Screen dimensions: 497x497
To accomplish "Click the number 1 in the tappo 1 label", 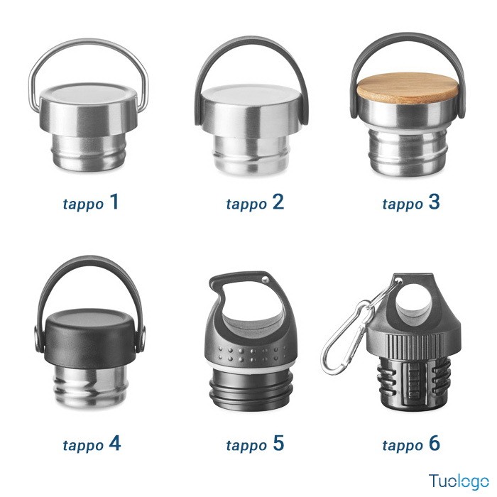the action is click(114, 202).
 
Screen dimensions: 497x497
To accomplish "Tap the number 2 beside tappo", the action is click(278, 202).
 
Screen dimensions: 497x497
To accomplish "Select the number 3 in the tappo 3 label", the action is click(434, 202).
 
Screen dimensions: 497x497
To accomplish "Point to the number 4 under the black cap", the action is click(115, 443).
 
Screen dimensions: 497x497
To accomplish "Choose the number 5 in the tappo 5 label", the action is click(278, 443).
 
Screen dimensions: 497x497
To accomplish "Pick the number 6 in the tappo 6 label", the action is click(435, 443).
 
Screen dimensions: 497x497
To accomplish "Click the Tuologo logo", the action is click(459, 481).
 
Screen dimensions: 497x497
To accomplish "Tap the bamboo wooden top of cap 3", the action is click(408, 88).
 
